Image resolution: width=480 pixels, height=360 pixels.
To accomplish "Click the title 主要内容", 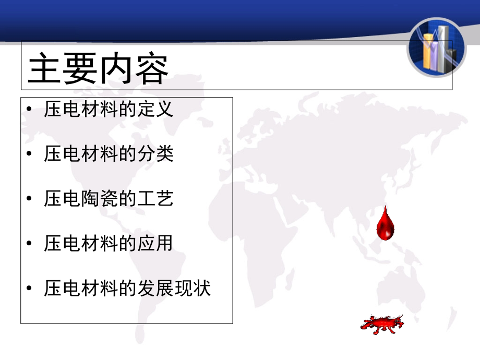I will coord(98,69).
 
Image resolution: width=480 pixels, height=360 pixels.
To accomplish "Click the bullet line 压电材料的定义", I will coord(109,110).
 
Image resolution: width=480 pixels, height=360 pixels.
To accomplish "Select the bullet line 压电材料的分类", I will coord(109,154).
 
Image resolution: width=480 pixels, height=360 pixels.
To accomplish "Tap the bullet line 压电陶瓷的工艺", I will coord(109,199).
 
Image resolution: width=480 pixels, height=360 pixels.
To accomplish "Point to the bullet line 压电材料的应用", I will coord(109,244).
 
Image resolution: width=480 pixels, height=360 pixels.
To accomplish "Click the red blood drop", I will coord(385,223).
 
